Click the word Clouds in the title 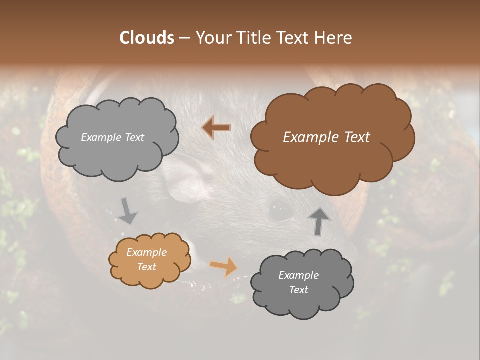[147, 38]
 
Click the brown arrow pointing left [216, 128]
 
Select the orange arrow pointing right [224, 266]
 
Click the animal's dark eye [280, 210]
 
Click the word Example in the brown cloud [306, 137]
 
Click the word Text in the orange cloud [147, 267]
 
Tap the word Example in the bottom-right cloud [298, 275]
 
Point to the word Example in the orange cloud [146, 252]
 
